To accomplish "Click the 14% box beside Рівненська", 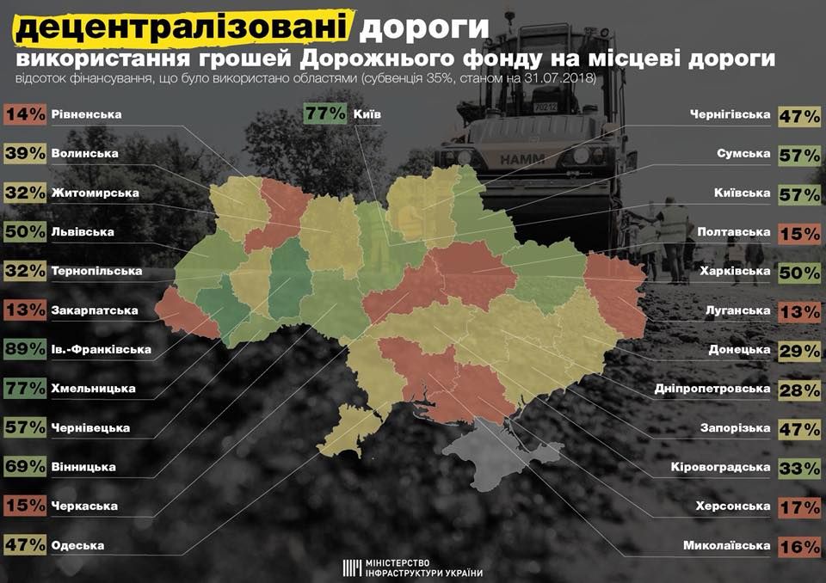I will click(23, 114).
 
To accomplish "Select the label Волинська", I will click(83, 154).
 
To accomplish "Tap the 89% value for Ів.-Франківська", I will click(23, 349).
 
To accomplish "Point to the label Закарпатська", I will click(93, 310).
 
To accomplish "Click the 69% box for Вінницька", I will click(23, 467).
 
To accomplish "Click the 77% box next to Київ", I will click(325, 114).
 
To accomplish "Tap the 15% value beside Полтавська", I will click(799, 232).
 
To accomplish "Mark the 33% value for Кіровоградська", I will click(799, 467).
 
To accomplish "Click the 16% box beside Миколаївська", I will click(799, 545).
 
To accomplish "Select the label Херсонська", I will click(732, 506).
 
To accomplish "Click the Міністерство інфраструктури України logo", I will click(413, 567).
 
